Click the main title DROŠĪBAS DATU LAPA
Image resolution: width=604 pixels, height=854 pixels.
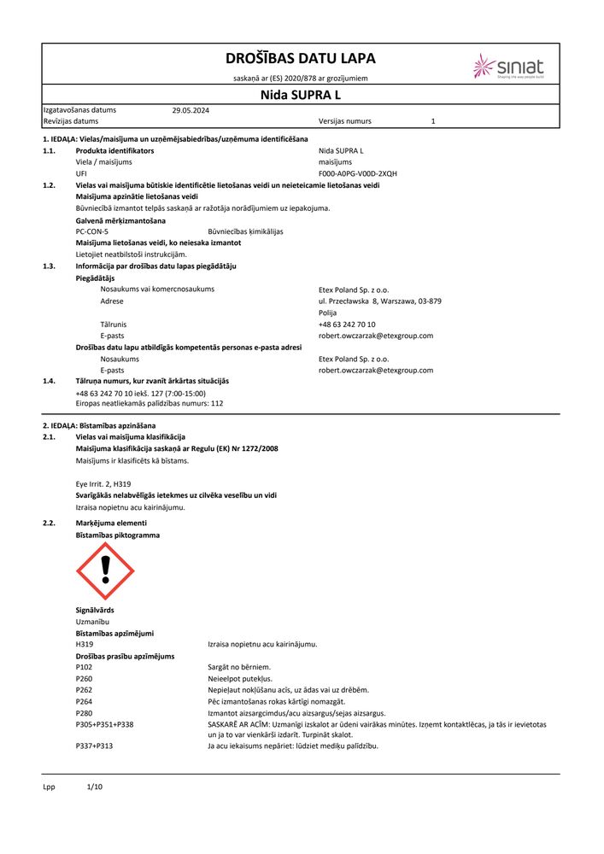(300, 59)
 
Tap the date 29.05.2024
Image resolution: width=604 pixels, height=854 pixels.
(191, 110)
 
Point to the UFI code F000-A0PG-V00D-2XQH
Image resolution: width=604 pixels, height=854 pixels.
(357, 173)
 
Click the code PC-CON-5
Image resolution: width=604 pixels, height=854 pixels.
(92, 231)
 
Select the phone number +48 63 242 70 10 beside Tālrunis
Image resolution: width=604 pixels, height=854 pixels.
(347, 325)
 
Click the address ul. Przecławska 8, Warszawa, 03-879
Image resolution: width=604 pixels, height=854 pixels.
(379, 301)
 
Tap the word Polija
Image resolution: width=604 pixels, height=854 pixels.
(328, 313)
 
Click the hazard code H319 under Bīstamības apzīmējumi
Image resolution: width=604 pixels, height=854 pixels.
(85, 644)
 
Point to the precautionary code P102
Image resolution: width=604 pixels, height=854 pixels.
(84, 667)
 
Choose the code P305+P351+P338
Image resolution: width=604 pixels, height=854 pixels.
(104, 724)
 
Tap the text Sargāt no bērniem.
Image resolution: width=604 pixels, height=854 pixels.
(238, 667)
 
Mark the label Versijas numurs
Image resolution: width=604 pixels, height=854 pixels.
(345, 121)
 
